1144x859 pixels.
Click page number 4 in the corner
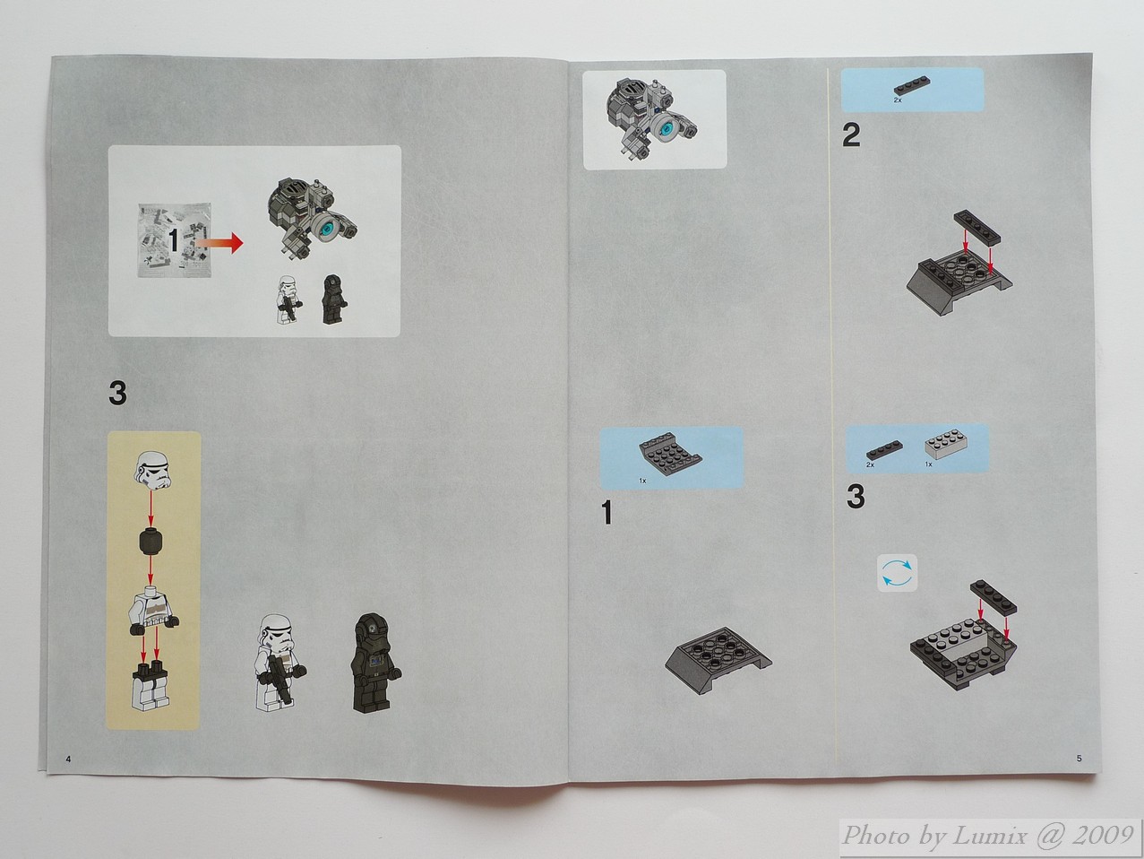[68, 759]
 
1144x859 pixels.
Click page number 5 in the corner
[1079, 758]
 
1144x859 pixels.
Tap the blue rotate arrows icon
[897, 573]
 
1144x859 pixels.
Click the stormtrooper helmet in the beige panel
[153, 471]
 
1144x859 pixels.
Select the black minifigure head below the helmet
[151, 542]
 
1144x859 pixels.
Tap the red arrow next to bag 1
[219, 242]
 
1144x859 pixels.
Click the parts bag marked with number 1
[175, 240]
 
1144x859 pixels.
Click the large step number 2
[851, 135]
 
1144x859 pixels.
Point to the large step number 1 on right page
[606, 513]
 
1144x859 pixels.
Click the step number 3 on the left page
[117, 394]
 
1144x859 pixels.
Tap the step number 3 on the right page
[856, 497]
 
